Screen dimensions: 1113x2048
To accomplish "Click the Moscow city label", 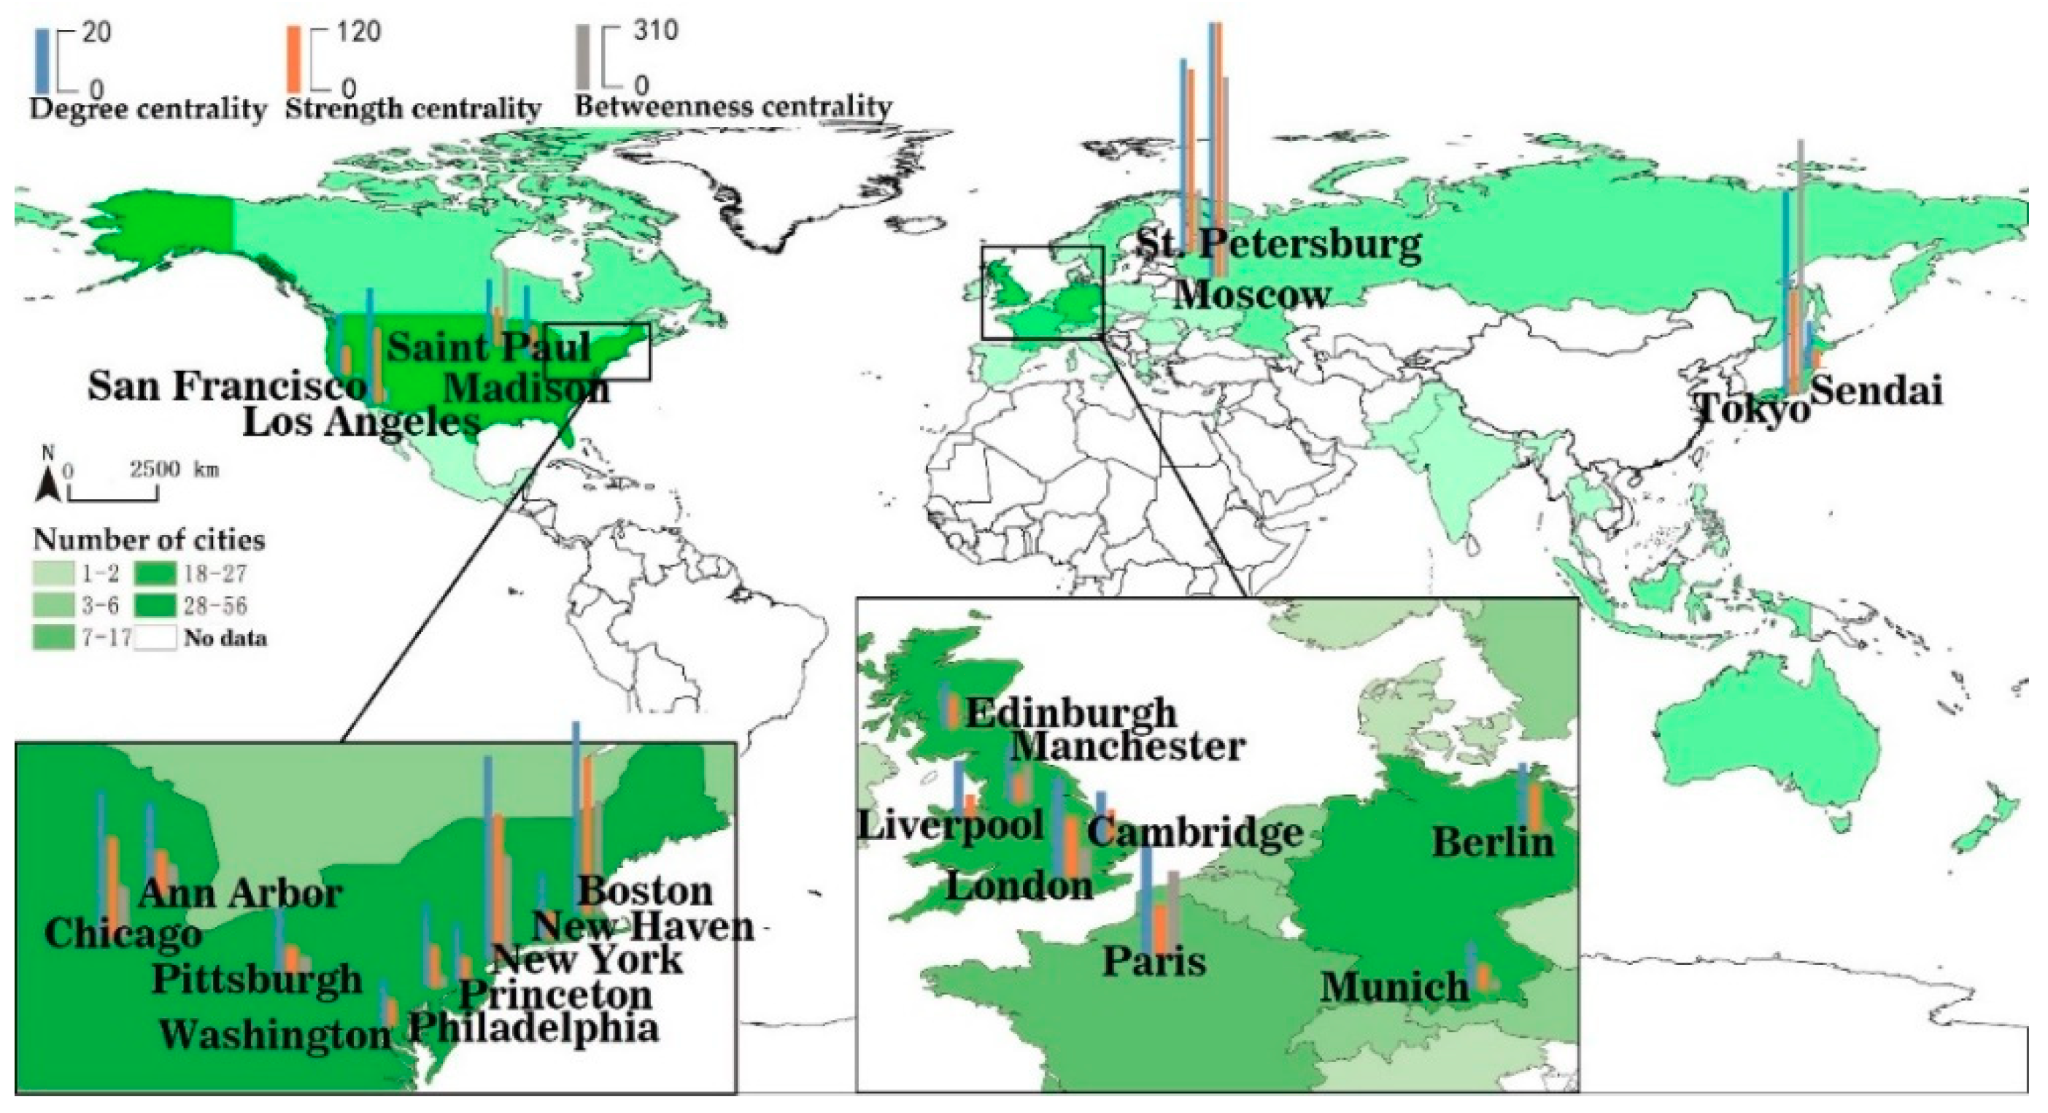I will [1252, 295].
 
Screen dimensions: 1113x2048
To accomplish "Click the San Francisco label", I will [228, 387].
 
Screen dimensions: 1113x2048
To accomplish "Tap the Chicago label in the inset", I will [123, 933].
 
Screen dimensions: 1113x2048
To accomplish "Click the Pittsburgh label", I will [257, 979].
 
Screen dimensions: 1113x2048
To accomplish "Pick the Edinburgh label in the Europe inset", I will [1071, 713].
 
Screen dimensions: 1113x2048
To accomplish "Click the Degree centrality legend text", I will [148, 109].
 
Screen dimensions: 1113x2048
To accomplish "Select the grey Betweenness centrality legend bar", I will [583, 57].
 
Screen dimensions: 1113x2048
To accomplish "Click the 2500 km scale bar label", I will [174, 469].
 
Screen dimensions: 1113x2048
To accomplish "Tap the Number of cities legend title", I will [149, 541].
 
